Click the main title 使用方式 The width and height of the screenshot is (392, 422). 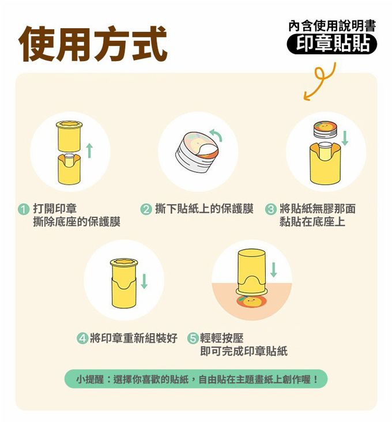[x=93, y=44]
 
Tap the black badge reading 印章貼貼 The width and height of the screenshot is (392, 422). [x=331, y=44]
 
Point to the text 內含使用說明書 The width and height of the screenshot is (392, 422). [x=332, y=26]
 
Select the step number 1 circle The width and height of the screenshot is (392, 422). [x=24, y=209]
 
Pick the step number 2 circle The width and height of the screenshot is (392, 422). [x=146, y=209]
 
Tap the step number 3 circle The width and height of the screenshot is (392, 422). [x=270, y=209]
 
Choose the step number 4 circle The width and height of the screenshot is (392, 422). [x=82, y=338]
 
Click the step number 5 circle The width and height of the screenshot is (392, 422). [x=193, y=338]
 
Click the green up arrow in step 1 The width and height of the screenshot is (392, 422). [x=89, y=150]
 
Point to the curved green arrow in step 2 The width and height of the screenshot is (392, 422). [x=216, y=134]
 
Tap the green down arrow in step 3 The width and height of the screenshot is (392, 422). [x=345, y=138]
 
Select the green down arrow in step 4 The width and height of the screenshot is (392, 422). [x=144, y=281]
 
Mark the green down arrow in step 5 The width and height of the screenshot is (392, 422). [x=274, y=270]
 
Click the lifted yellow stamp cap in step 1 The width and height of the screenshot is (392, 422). [x=69, y=136]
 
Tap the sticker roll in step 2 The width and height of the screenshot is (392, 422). [x=197, y=152]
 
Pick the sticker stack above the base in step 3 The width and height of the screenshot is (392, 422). [x=325, y=130]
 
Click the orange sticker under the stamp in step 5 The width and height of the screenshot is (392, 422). [x=251, y=301]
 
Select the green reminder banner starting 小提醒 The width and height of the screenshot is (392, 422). [x=196, y=379]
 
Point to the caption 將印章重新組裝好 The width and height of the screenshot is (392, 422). [x=133, y=338]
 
